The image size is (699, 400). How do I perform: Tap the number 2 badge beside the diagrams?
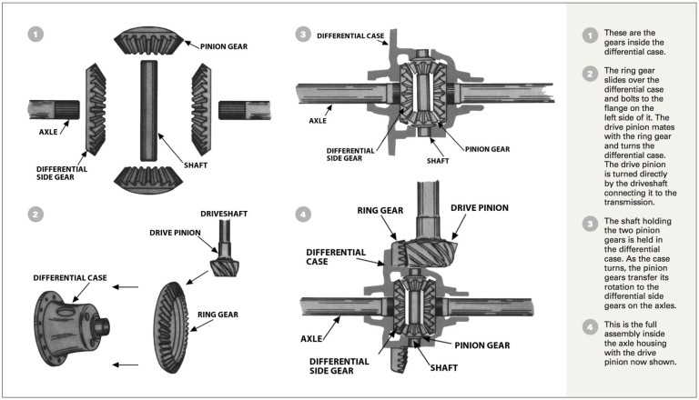coord(35,215)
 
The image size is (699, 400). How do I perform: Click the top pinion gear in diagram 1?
coord(147,41)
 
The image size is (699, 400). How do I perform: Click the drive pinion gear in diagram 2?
coord(225,265)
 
